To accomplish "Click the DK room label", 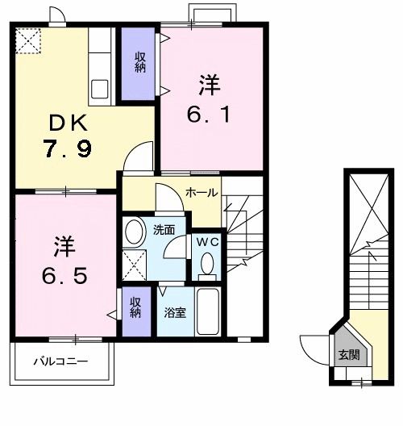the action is [x=69, y=123].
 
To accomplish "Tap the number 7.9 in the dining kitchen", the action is [x=69, y=148].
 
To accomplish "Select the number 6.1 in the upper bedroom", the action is [x=209, y=114].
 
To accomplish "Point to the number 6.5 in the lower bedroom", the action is [x=64, y=275].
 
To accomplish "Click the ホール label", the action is [x=201, y=193].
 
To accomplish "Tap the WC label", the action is [x=208, y=242].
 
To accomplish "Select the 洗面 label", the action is [x=164, y=230].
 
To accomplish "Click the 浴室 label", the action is [x=175, y=313].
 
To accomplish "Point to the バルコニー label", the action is [x=60, y=361].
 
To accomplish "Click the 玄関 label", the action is [x=349, y=354].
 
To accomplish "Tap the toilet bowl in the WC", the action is [x=207, y=264].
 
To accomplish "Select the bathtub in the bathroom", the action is [x=208, y=311].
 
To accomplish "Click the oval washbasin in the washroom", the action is [x=134, y=232].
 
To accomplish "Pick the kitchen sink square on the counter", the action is [x=100, y=89].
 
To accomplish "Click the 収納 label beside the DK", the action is [x=140, y=62].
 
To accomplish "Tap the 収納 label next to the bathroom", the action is [x=135, y=307].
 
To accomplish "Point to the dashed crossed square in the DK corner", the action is [x=28, y=41].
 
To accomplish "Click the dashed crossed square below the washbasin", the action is [x=134, y=265].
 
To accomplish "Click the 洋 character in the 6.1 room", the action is [x=210, y=86].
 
